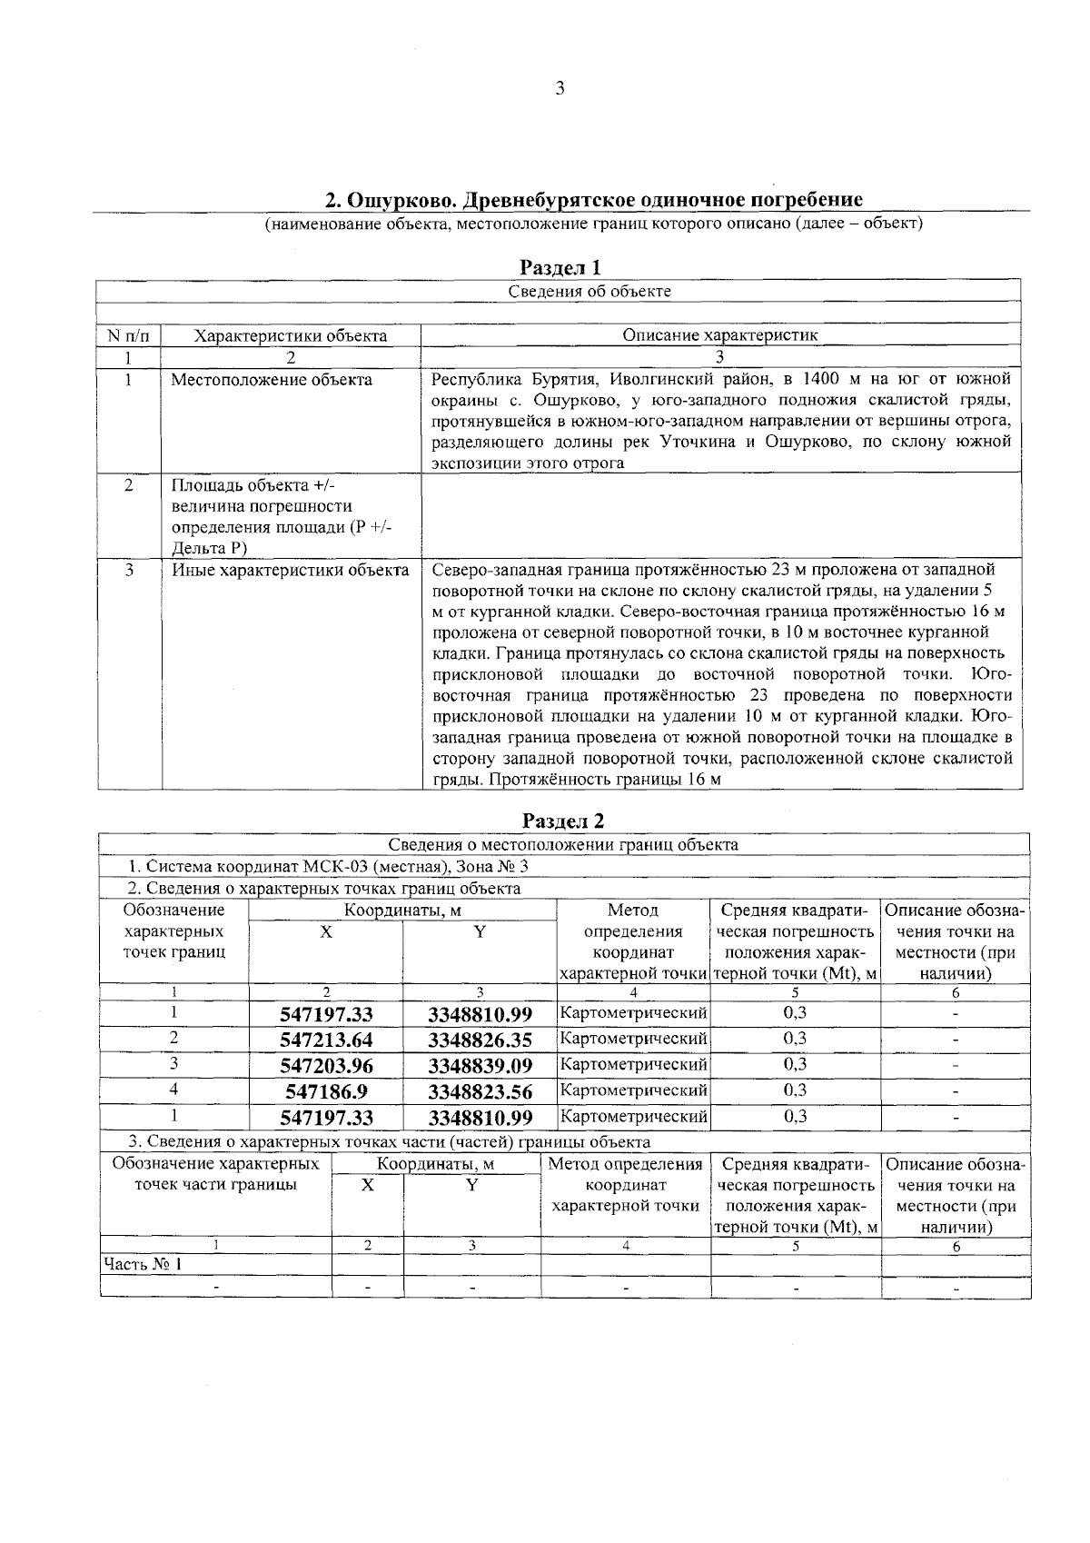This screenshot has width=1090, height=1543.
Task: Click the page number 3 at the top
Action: pyautogui.click(x=560, y=88)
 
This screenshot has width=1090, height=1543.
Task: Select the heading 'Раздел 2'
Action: pyautogui.click(x=563, y=821)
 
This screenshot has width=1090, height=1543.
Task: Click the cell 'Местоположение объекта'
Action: pyautogui.click(x=271, y=380)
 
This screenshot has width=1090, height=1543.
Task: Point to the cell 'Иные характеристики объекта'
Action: pyautogui.click(x=290, y=571)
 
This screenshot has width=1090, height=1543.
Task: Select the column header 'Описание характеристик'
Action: pyautogui.click(x=719, y=335)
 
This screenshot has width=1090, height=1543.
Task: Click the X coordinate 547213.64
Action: pyautogui.click(x=326, y=1040)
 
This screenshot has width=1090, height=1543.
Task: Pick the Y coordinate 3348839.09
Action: pyautogui.click(x=480, y=1065)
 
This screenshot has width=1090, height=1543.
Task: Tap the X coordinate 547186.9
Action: pyautogui.click(x=326, y=1091)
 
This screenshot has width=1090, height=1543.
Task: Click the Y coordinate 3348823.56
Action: pyautogui.click(x=480, y=1091)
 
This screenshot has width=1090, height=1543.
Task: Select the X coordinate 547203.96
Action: pyautogui.click(x=326, y=1065)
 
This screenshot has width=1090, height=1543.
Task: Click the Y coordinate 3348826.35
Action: pyautogui.click(x=480, y=1040)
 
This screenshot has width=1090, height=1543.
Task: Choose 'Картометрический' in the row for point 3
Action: pyautogui.click(x=633, y=1064)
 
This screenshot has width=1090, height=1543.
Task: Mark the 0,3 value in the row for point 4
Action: pyautogui.click(x=795, y=1090)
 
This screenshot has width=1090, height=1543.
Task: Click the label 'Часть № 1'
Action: pyautogui.click(x=142, y=1264)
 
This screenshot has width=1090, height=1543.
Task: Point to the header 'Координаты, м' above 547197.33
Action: pyautogui.click(x=401, y=910)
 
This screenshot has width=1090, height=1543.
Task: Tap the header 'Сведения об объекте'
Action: pyautogui.click(x=589, y=292)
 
